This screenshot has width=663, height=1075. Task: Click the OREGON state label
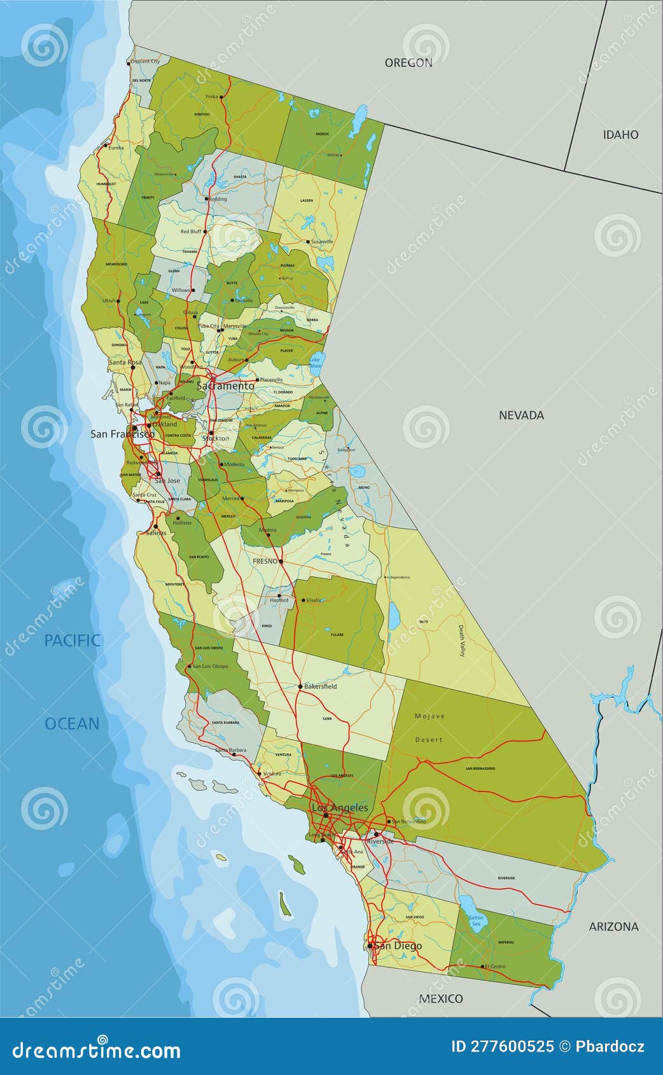click(408, 62)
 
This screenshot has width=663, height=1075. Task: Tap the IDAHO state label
click(620, 134)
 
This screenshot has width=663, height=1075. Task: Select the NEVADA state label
click(521, 415)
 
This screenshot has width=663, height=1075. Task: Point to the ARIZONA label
click(613, 926)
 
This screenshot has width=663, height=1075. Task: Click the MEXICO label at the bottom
click(440, 998)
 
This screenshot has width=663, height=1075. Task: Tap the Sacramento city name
click(225, 385)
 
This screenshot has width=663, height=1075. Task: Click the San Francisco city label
click(122, 434)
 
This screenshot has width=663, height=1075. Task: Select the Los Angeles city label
click(339, 807)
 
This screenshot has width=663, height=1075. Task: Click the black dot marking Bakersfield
click(300, 686)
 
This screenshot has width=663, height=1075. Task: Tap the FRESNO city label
click(265, 561)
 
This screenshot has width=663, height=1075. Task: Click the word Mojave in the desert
click(429, 716)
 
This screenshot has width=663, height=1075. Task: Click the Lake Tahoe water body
click(316, 363)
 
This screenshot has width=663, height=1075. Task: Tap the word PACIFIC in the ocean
click(72, 640)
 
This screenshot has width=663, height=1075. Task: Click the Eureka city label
click(116, 148)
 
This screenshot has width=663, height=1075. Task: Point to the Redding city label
click(218, 198)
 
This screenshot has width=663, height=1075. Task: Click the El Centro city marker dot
click(482, 966)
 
